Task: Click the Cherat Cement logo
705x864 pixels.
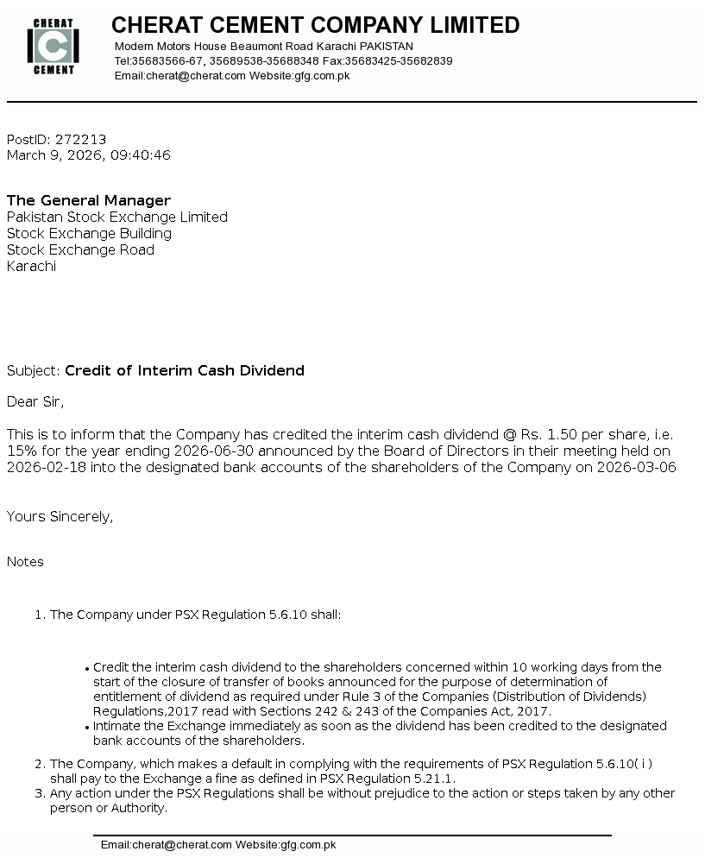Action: (x=54, y=46)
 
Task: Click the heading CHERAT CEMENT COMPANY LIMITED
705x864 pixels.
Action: (x=315, y=25)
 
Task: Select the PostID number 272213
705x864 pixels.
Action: (x=80, y=139)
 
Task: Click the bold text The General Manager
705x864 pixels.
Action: (x=89, y=200)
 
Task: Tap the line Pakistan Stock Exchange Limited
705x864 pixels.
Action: (x=117, y=217)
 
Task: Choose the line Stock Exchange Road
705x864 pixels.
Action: (x=80, y=249)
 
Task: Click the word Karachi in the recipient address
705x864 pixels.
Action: (x=31, y=266)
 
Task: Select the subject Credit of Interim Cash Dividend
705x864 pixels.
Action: (x=185, y=370)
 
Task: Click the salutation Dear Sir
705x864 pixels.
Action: (x=35, y=401)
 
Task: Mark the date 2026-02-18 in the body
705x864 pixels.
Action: (x=41, y=467)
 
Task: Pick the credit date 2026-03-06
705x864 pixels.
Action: (x=636, y=467)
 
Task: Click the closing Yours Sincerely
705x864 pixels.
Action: (x=60, y=516)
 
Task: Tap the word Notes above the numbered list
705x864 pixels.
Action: (x=25, y=562)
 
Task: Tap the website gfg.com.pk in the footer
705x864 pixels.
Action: (x=308, y=845)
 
